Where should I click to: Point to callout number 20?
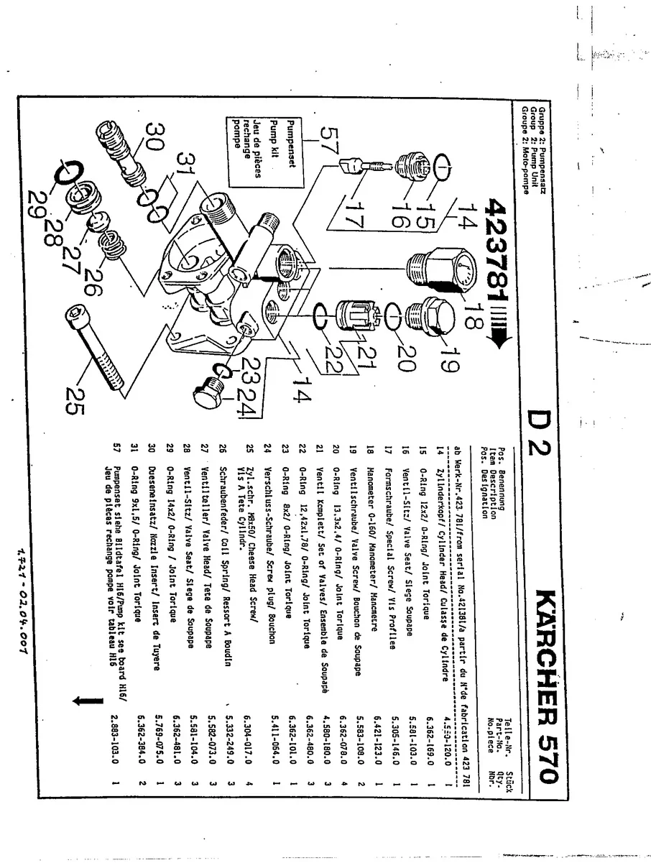pos(407,356)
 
